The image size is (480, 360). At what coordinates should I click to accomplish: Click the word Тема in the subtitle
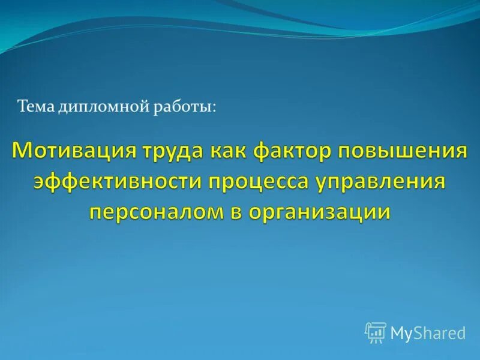click(x=35, y=107)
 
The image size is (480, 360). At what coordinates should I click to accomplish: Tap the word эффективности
click(x=118, y=181)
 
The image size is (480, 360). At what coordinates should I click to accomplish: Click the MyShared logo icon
click(x=376, y=332)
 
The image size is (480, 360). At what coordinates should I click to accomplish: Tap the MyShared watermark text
click(x=428, y=332)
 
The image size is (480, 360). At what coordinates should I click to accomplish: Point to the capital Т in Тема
click(x=22, y=107)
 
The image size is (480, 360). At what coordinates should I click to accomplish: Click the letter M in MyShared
click(x=397, y=332)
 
